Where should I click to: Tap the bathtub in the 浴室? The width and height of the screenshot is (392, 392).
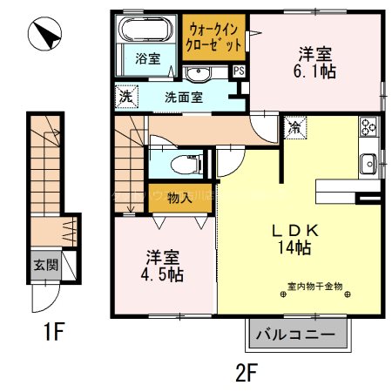(146, 31)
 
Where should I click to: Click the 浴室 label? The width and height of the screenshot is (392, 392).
(147, 59)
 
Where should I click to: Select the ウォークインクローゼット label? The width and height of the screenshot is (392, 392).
(214, 37)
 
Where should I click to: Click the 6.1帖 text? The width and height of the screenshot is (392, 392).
(316, 71)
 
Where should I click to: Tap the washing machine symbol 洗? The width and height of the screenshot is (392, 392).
(125, 95)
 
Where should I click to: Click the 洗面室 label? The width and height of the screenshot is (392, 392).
(183, 97)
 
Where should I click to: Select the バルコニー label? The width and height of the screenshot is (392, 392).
(297, 334)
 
